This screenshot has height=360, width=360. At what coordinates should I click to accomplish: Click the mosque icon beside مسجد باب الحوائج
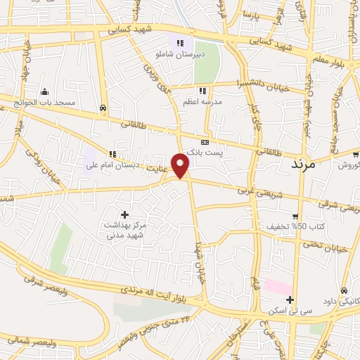[x=45, y=91]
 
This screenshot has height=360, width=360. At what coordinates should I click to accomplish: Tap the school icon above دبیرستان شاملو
[x=180, y=44]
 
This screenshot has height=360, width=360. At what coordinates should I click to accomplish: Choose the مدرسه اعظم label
[x=202, y=101]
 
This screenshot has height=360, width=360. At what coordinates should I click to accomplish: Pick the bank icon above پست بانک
[x=205, y=142]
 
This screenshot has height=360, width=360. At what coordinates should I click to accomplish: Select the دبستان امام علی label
[x=112, y=166]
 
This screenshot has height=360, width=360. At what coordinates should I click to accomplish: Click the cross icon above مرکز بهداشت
[x=125, y=214]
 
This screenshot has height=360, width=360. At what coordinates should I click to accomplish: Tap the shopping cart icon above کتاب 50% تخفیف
[x=295, y=216]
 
